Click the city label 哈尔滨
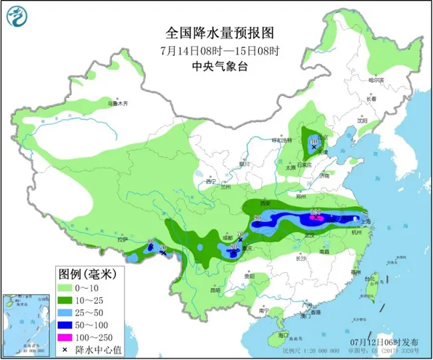click(377, 80)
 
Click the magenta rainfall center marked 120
click(317, 217)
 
